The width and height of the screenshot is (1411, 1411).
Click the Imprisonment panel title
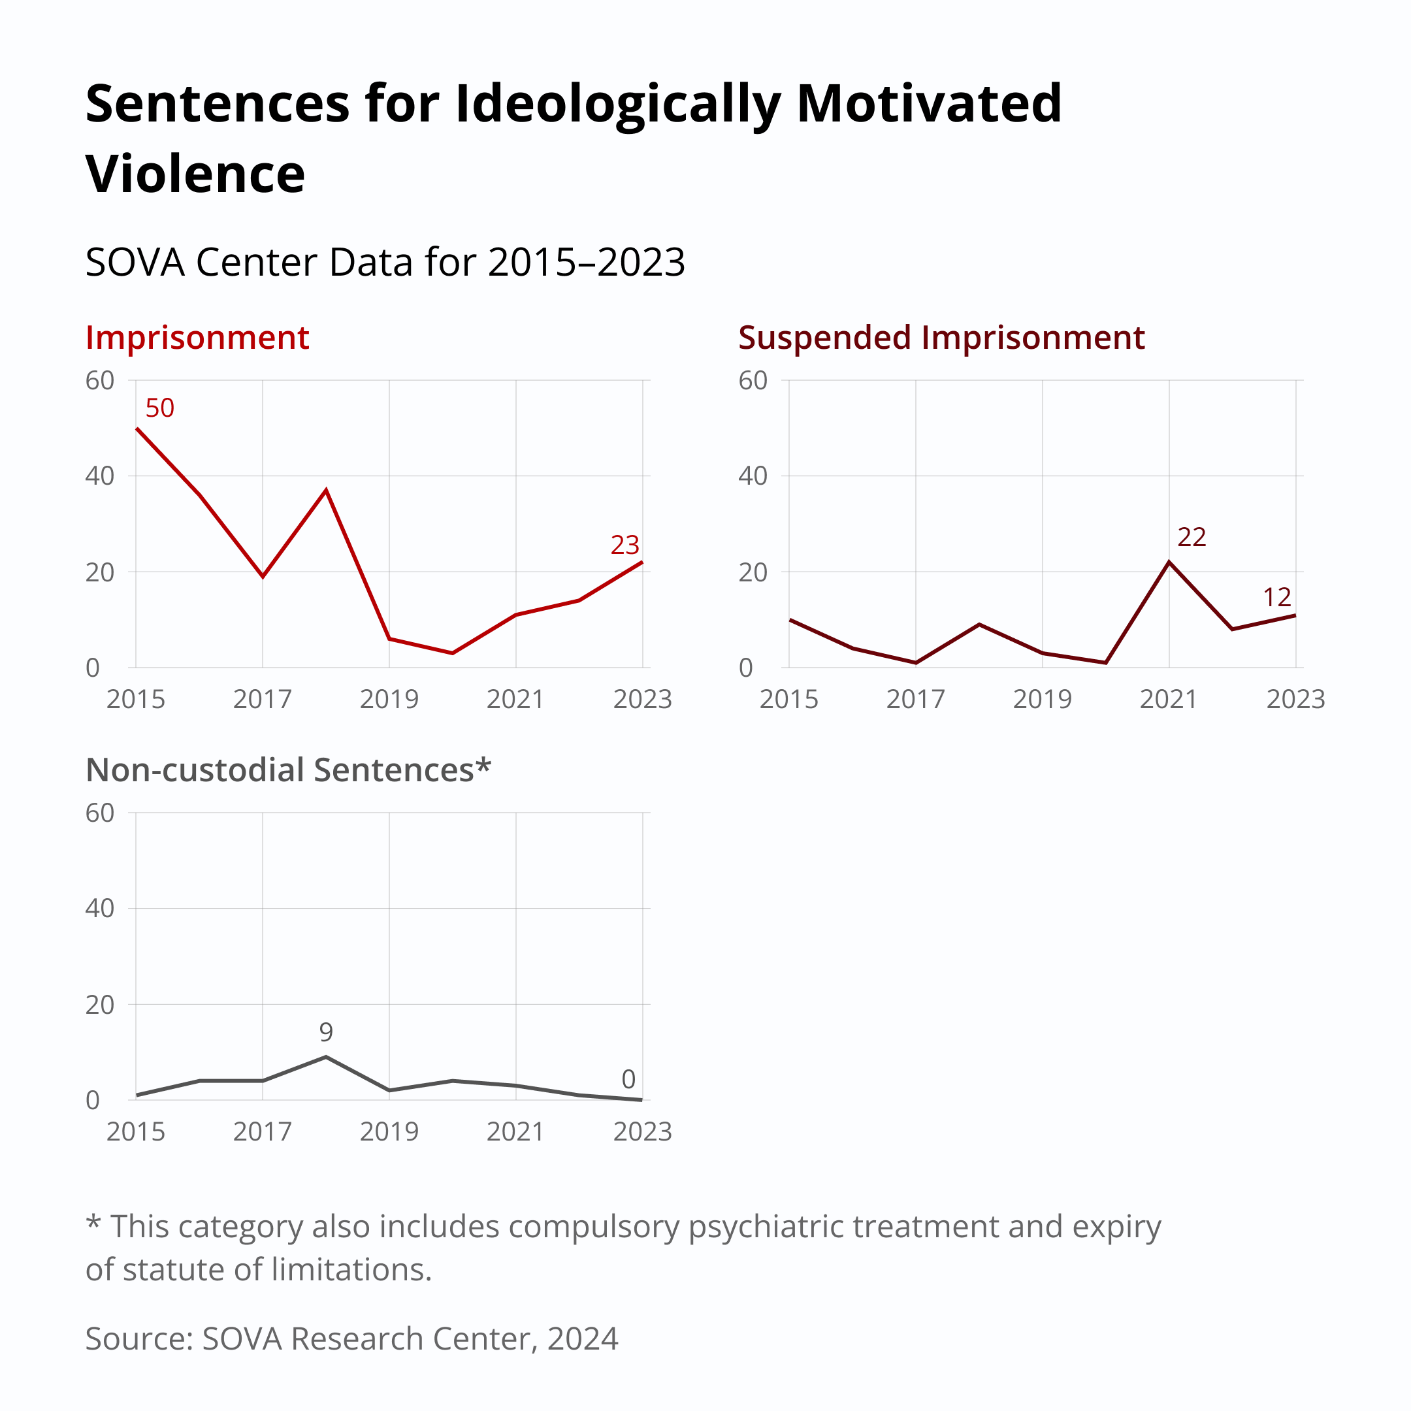[197, 338]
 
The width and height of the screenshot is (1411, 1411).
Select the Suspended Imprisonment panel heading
[941, 338]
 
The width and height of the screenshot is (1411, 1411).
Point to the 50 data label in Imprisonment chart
[159, 408]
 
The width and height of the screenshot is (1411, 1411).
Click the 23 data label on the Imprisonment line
[624, 545]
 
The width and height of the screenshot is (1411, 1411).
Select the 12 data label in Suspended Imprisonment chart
[1276, 598]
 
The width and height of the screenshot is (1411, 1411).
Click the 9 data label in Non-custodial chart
[326, 1032]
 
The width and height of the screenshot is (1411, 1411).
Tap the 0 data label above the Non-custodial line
[628, 1079]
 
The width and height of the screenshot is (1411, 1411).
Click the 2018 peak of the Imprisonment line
[326, 490]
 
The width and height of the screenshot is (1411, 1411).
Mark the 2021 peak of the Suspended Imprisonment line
[1169, 562]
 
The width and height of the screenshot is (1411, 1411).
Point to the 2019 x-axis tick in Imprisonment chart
[389, 700]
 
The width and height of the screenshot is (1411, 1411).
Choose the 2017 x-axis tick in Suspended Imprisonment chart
[915, 700]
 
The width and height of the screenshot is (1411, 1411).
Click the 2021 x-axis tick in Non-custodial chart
[515, 1132]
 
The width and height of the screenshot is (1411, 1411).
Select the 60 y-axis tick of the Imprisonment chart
[100, 380]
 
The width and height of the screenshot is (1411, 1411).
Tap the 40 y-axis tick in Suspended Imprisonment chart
[753, 476]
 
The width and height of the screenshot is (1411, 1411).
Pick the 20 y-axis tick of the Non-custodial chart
[100, 1005]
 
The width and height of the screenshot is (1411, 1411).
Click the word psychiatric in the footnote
[766, 1226]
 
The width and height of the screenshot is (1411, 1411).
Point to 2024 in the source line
[582, 1338]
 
